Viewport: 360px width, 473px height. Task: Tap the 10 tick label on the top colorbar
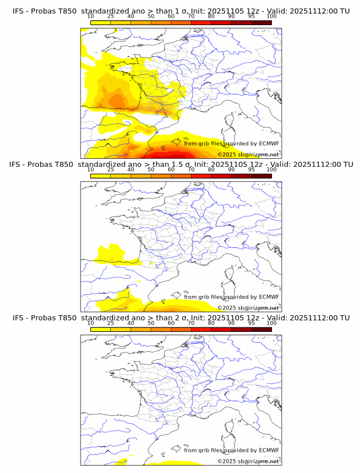coord(90,17)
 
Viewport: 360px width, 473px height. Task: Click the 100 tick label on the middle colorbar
coord(271,170)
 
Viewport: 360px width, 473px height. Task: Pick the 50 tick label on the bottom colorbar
coord(151,323)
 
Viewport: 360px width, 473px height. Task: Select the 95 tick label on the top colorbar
coord(251,17)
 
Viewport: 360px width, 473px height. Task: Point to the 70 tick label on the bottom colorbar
coord(191,323)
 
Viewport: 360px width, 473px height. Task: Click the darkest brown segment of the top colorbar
coord(261,22)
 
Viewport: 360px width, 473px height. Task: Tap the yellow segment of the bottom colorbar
coord(100,328)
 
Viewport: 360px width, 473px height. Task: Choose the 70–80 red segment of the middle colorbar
coord(201,175)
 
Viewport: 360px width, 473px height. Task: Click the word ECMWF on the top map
coord(269,143)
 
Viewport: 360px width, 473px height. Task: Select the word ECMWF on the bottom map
coord(269,450)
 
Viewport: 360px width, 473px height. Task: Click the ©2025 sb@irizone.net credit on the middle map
coord(248,307)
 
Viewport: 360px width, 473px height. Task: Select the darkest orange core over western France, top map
coord(117,101)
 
